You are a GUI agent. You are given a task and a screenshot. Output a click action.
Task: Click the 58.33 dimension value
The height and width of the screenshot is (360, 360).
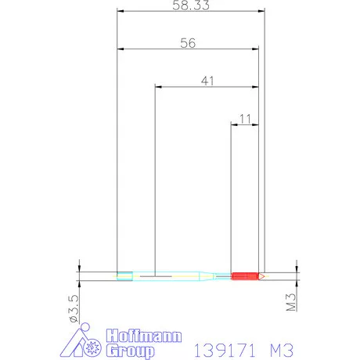(x=186, y=5)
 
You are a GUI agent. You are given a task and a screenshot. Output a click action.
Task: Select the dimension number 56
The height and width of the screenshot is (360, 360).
(x=187, y=44)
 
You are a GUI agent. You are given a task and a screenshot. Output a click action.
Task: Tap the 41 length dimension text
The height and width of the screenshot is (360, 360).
(x=207, y=81)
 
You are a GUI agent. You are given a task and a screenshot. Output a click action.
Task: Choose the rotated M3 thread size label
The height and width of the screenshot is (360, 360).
(x=290, y=301)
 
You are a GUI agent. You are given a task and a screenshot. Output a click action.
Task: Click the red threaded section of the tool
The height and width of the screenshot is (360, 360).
(x=245, y=275)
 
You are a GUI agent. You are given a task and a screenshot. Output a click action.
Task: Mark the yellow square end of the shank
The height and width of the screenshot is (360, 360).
(x=124, y=275)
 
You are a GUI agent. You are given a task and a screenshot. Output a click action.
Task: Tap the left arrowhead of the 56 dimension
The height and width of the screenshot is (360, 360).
(x=121, y=49)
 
